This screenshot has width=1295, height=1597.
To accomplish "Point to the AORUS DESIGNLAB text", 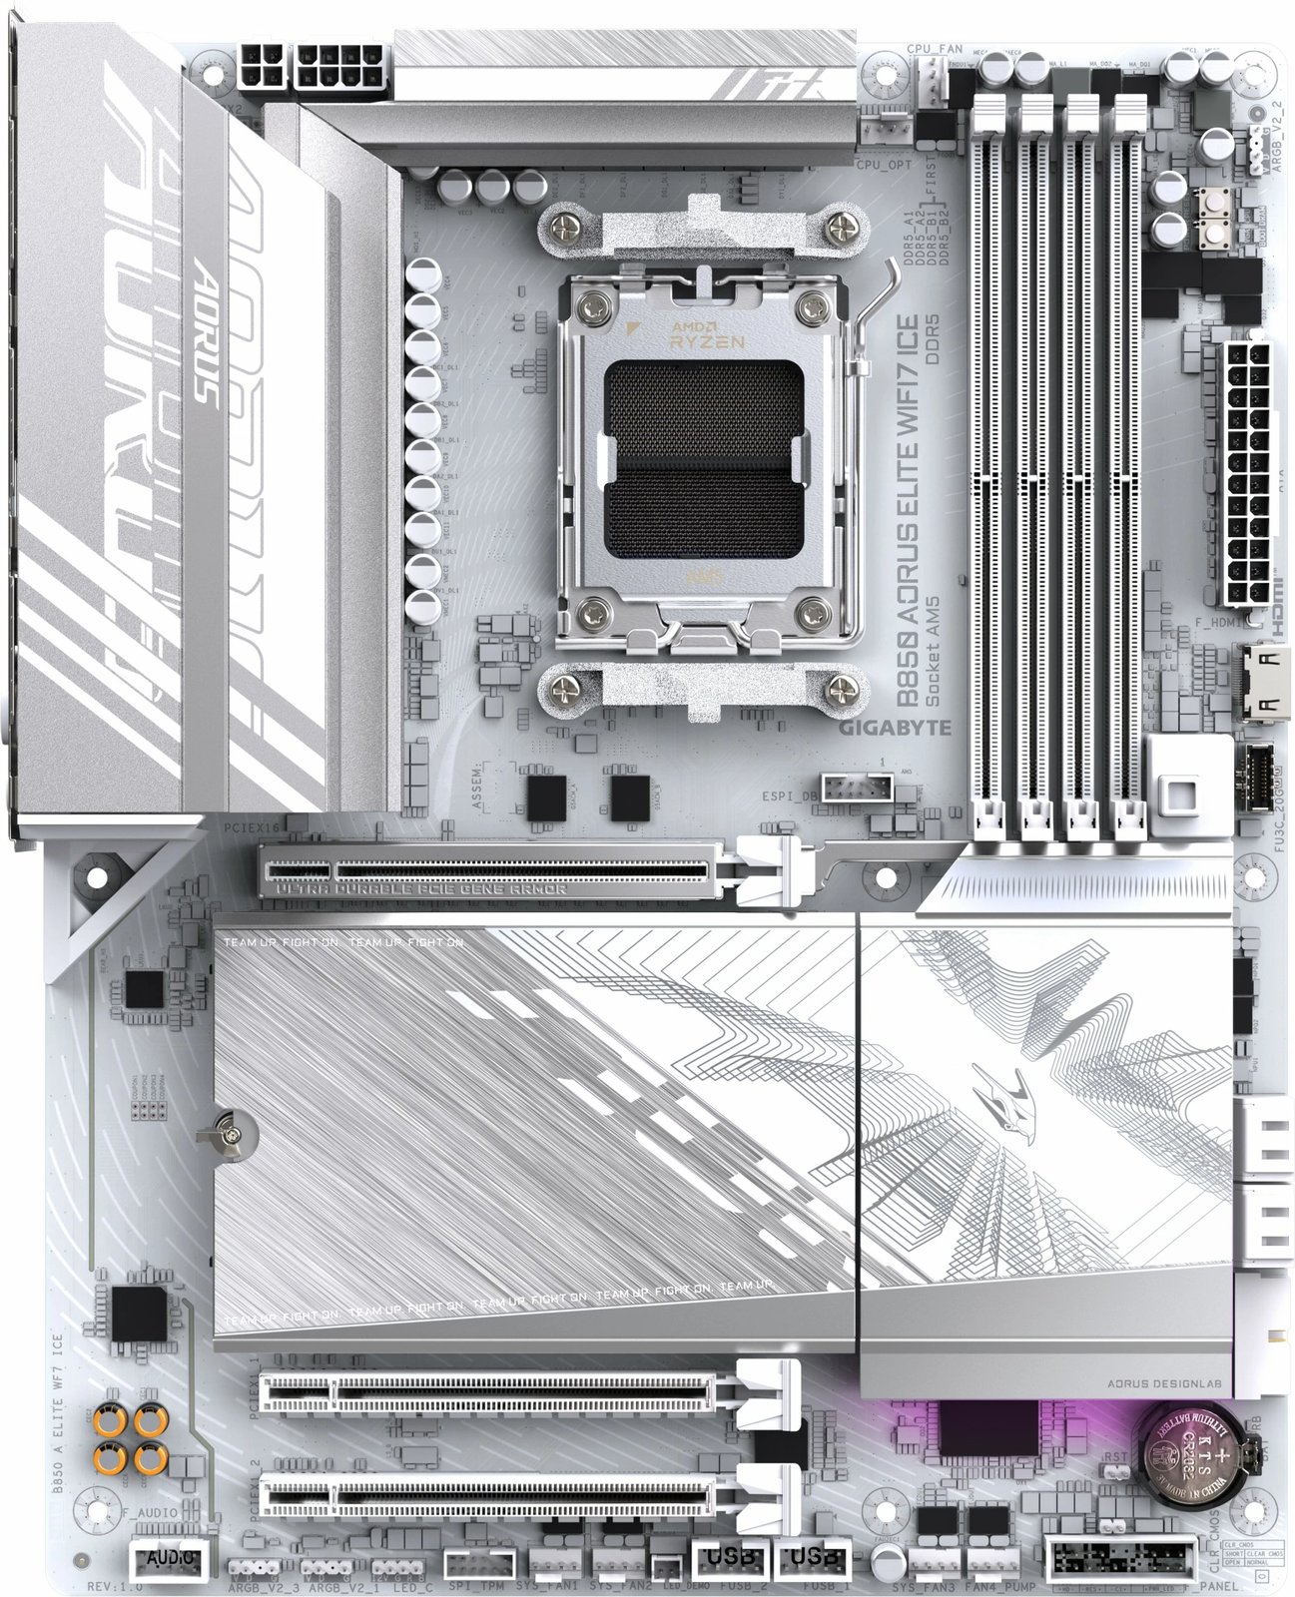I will [x=1169, y=1383].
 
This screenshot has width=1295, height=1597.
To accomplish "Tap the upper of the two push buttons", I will [x=1216, y=200].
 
